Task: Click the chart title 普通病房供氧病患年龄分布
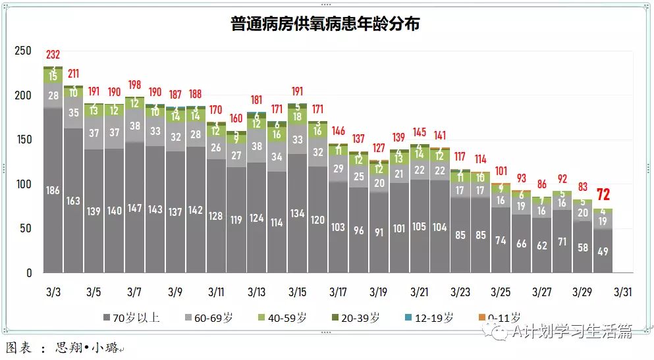point(325,24)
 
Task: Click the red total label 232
point(53,55)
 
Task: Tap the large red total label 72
point(603,195)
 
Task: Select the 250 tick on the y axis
point(23,51)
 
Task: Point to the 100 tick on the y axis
point(23,184)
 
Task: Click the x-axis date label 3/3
point(53,291)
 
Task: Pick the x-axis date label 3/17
point(338,291)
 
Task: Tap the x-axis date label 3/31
point(622,291)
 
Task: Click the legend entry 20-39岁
point(360,318)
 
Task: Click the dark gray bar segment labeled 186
point(53,190)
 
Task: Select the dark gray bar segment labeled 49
point(603,251)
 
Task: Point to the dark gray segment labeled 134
point(297,213)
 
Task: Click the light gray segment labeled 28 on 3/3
point(53,96)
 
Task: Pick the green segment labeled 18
point(297,116)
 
